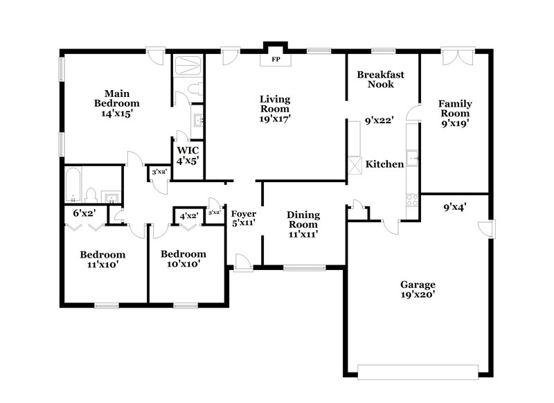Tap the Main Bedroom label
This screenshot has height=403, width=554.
[116, 102]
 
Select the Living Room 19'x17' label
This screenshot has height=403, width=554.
[274, 109]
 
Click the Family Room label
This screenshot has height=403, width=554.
[454, 113]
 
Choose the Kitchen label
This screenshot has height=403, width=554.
[384, 165]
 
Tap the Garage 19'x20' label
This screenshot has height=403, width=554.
[417, 289]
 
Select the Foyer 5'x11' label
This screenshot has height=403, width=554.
[243, 219]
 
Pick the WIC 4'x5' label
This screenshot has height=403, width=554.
[188, 155]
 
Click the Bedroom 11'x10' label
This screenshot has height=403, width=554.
[102, 259]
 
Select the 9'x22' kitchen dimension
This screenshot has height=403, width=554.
[379, 120]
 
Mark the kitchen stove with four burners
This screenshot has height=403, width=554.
[412, 200]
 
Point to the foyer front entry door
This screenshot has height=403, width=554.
[242, 262]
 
